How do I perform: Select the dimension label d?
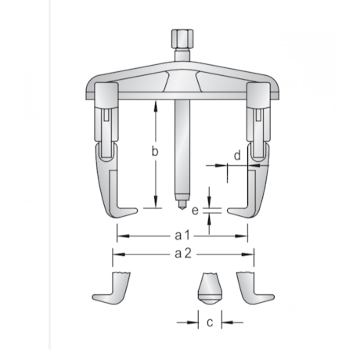236,155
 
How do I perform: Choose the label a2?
182,253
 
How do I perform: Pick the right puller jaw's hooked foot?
239,209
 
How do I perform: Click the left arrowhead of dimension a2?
115,253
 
